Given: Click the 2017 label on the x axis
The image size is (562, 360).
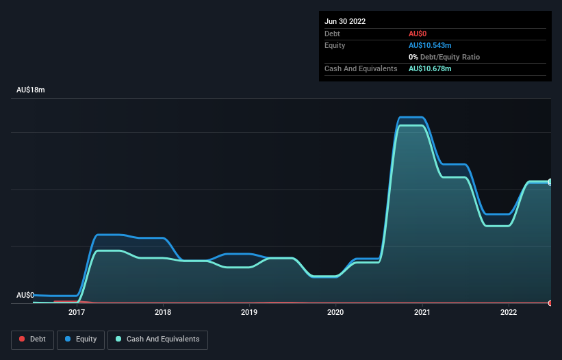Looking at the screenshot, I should [x=77, y=312].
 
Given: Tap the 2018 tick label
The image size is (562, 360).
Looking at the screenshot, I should [x=163, y=312].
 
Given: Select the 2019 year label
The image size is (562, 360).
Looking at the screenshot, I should [x=249, y=312].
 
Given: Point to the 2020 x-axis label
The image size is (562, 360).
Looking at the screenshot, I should [x=335, y=312].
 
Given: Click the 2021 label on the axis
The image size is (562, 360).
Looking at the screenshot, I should [x=422, y=312].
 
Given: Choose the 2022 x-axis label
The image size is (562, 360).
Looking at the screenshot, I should [x=509, y=312].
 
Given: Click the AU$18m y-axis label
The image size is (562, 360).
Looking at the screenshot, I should [x=30, y=90].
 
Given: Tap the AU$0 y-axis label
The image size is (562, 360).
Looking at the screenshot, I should [x=25, y=295].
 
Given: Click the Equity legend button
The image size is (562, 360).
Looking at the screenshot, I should [x=81, y=339].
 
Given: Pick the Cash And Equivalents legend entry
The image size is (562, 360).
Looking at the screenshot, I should [x=157, y=339].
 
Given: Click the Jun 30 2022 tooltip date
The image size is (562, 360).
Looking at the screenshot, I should [x=345, y=21].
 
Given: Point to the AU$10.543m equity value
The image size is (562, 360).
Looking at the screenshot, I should [x=430, y=45].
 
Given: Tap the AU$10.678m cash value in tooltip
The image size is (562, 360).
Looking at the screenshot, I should [x=430, y=68].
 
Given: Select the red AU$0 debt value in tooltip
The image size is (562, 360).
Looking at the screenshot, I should [x=418, y=34].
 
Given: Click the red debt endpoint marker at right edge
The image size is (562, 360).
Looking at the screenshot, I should [x=550, y=303].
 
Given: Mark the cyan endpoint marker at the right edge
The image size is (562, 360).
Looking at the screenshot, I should [x=550, y=182].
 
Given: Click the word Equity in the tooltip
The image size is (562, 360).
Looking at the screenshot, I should [x=335, y=45].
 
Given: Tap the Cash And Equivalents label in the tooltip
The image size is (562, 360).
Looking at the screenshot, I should [x=361, y=68].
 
